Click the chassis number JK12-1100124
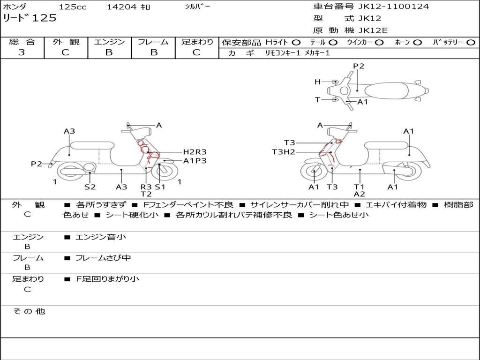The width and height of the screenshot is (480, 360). [393, 7]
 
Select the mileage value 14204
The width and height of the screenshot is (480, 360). [121, 7]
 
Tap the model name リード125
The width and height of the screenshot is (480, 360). [30, 18]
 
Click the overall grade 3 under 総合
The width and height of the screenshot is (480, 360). [22, 52]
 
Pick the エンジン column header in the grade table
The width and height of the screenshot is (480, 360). [109, 42]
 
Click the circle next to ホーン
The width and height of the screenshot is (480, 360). [417, 43]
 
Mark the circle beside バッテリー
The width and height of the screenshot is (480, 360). [471, 43]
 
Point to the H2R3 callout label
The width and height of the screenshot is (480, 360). [195, 152]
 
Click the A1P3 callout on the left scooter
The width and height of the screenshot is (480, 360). [195, 161]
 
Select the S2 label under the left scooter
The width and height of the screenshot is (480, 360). [90, 187]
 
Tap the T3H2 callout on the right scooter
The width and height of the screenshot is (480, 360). [284, 152]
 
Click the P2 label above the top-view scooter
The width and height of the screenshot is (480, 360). [359, 66]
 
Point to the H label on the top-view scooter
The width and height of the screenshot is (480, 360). [317, 82]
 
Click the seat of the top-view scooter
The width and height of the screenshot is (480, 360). [386, 91]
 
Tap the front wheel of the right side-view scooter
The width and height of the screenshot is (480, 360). [315, 172]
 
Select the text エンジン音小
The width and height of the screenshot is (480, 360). [100, 237]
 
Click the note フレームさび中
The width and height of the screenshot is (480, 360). [103, 258]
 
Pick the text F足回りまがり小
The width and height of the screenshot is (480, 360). [107, 279]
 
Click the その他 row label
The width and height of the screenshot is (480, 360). [29, 311]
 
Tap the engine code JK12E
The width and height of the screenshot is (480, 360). [373, 30]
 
